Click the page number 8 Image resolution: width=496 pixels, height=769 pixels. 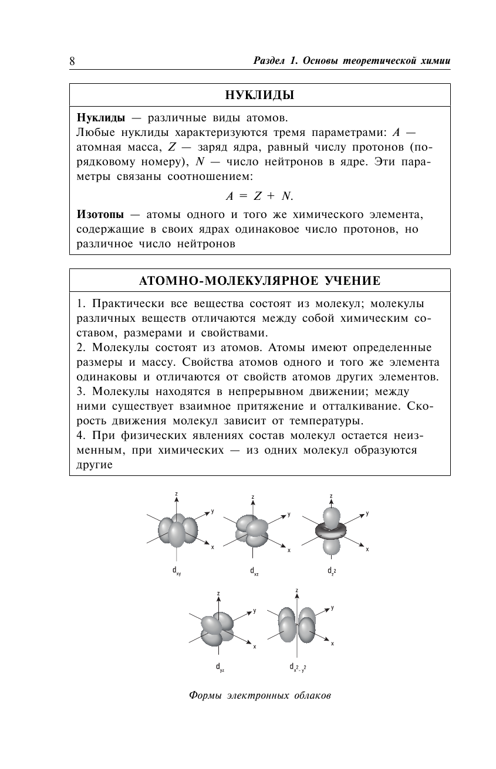click(72, 61)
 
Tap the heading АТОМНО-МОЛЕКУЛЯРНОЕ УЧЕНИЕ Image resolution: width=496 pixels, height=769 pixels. click(260, 281)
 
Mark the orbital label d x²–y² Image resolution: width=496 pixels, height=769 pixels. click(297, 667)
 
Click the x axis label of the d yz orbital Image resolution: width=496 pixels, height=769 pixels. click(255, 646)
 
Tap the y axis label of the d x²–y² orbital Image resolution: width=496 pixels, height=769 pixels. click(332, 608)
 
